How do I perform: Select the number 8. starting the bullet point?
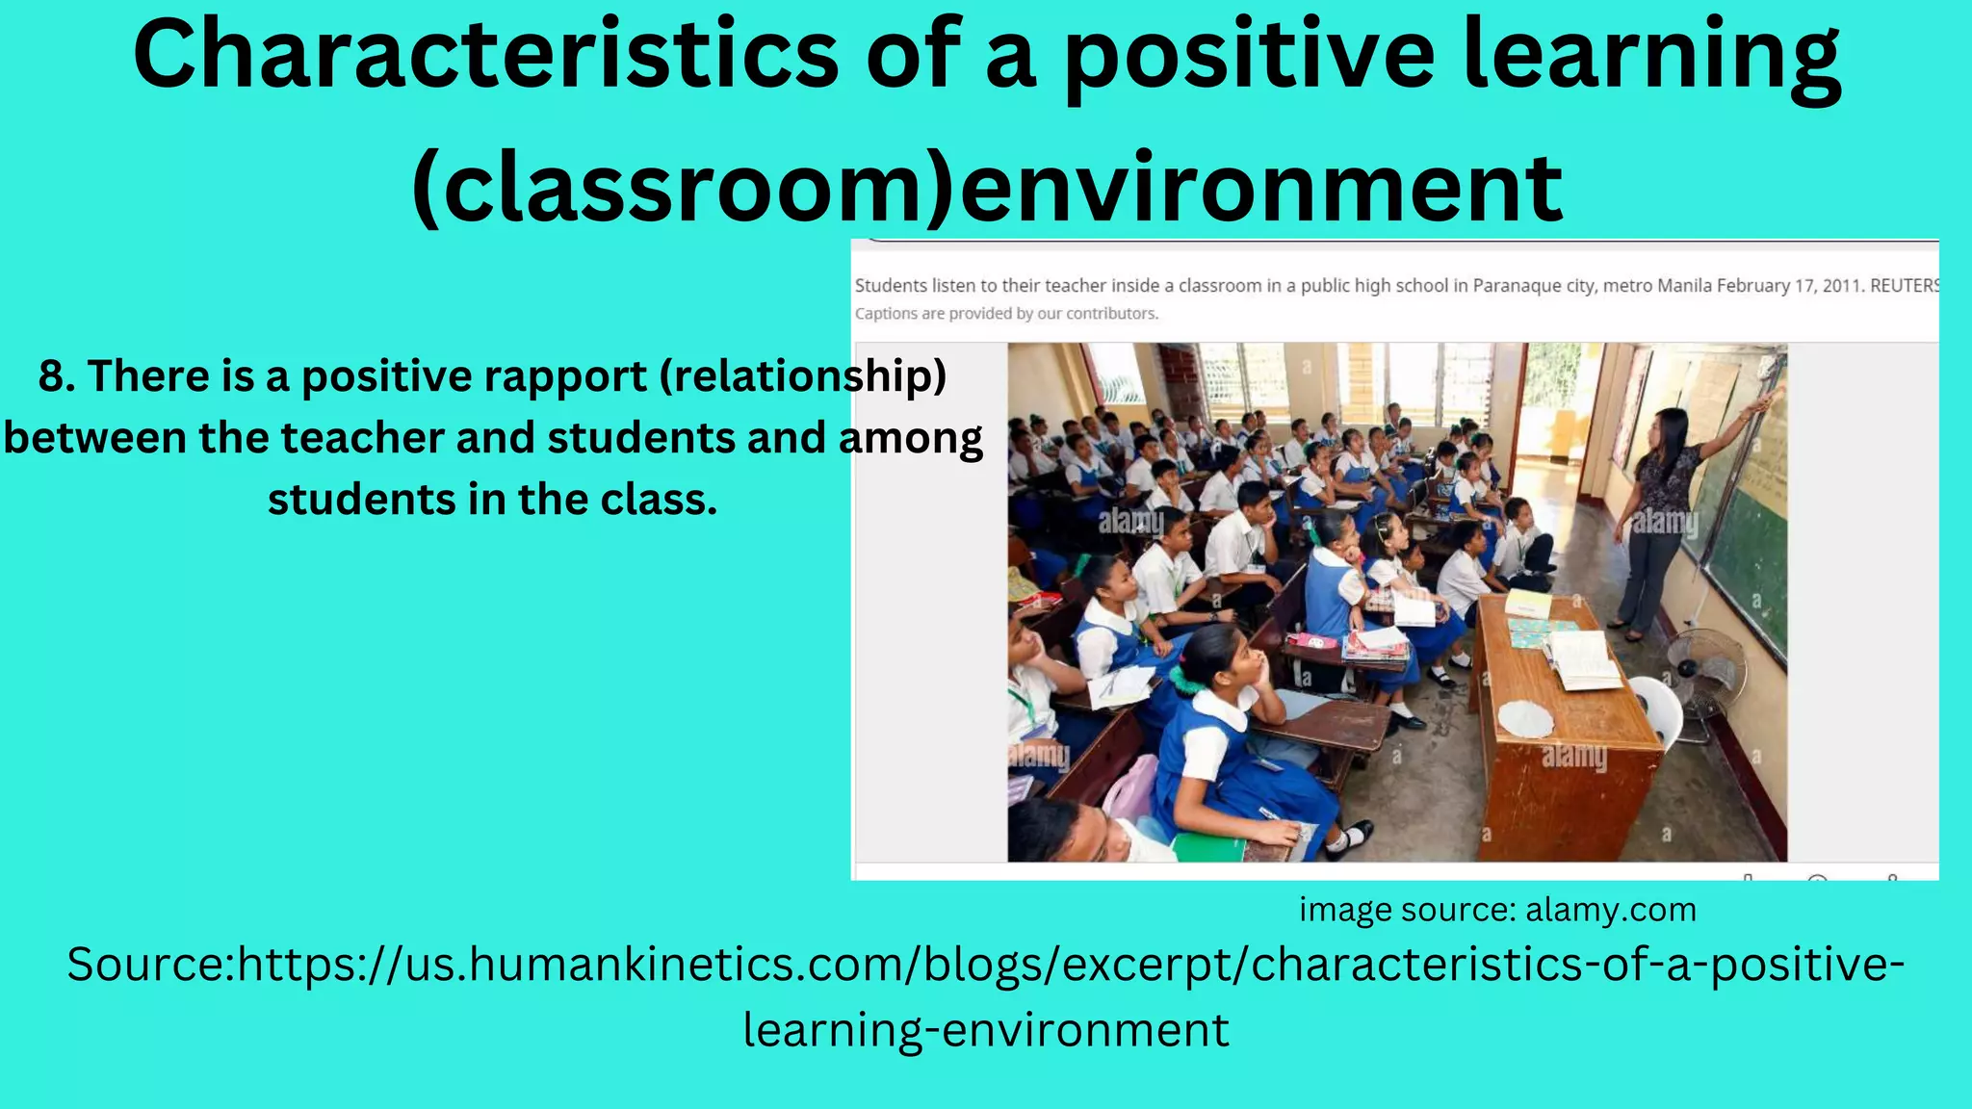click(x=57, y=375)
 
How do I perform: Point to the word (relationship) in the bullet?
click(x=803, y=375)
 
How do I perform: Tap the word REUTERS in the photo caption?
click(x=1904, y=286)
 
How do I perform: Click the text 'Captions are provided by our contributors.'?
click(x=1006, y=314)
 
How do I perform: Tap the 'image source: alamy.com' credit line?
click(x=1497, y=910)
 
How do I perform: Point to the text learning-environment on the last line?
click(x=986, y=1030)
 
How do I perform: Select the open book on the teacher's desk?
click(x=1581, y=659)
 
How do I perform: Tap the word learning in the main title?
click(x=1650, y=56)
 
